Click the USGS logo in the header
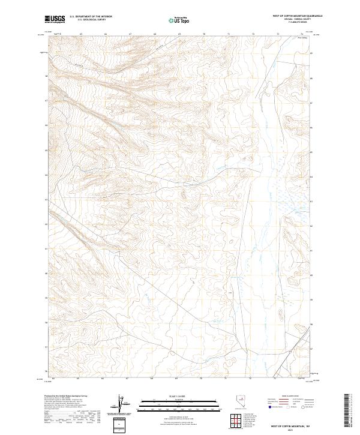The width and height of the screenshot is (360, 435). click(55, 20)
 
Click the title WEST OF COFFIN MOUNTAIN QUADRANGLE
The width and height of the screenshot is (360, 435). click(297, 16)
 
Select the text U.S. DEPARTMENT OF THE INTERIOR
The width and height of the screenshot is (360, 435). click(91, 17)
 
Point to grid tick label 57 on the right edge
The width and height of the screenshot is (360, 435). click(311, 347)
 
